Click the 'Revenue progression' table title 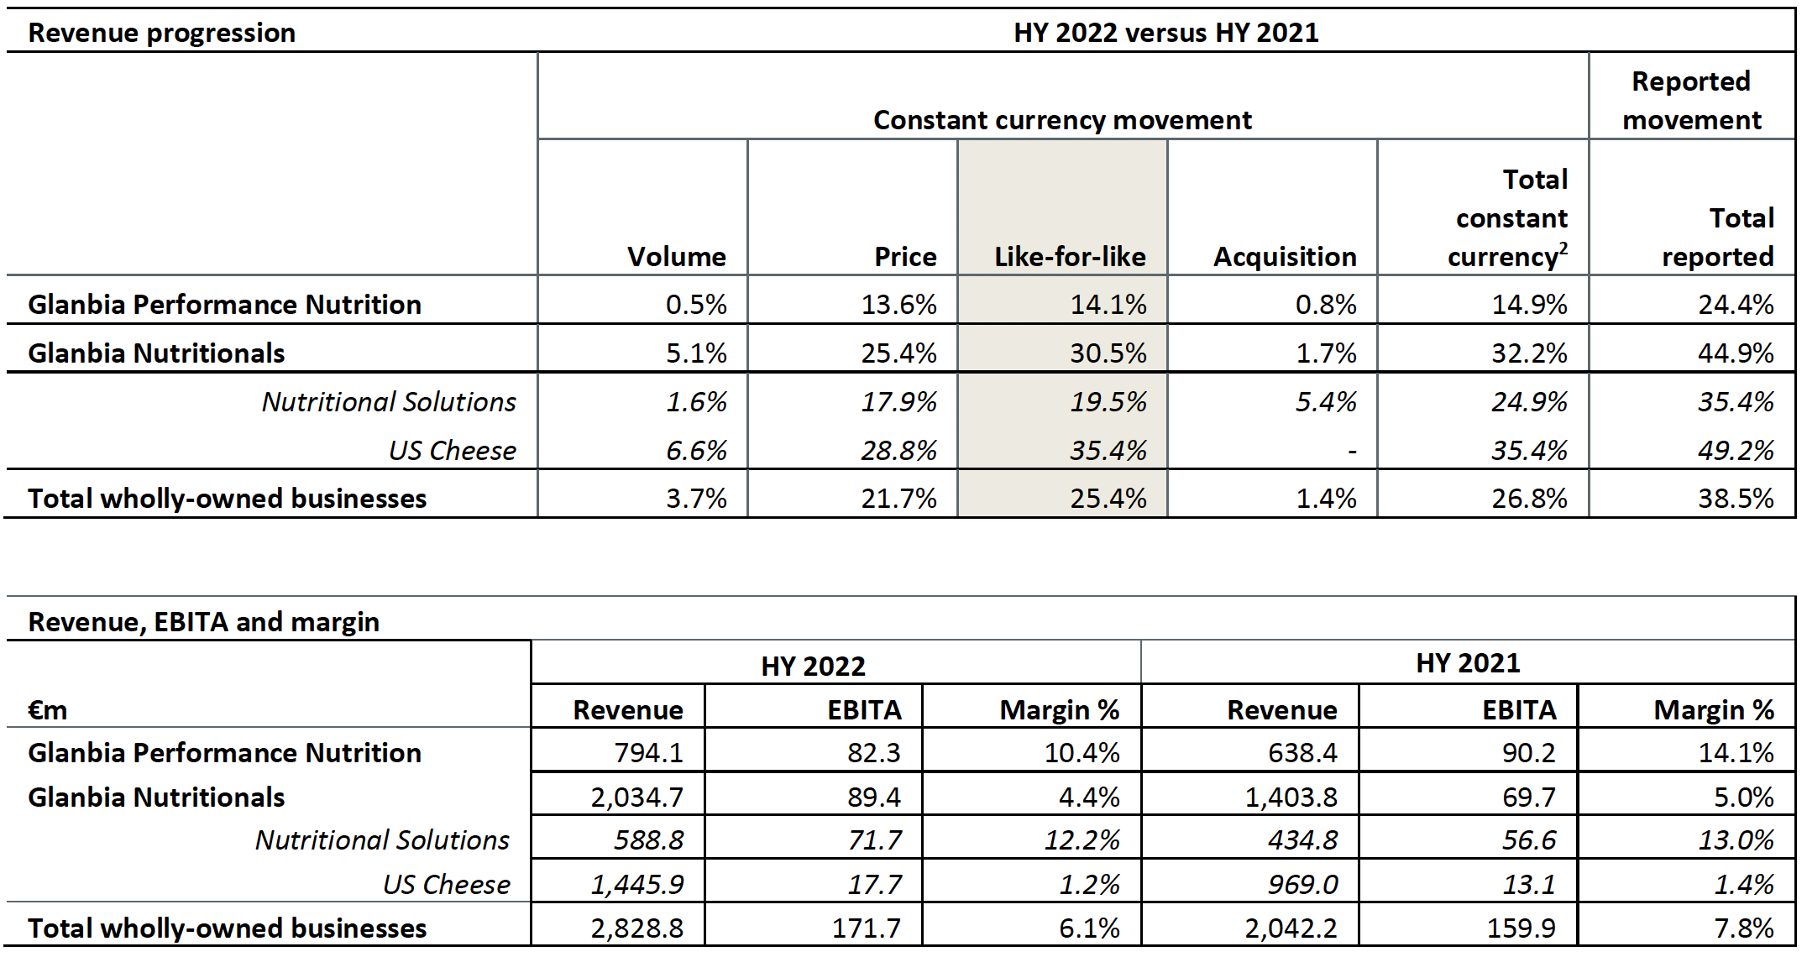161,33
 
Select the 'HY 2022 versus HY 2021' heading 1165,33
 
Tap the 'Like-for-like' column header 1069,256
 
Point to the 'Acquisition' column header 1284,256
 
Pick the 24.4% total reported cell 1736,304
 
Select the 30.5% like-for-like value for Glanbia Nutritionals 1108,353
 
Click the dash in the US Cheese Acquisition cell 1351,452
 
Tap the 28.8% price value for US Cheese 898,450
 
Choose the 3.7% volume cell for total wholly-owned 696,499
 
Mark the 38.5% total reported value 1736,499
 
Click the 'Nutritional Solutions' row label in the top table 389,401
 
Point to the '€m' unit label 47,710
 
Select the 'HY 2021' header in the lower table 1468,663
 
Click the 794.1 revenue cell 648,753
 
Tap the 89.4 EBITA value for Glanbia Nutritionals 873,797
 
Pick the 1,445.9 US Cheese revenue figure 636,884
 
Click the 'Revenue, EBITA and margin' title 203,622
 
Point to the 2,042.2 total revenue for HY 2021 1291,928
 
